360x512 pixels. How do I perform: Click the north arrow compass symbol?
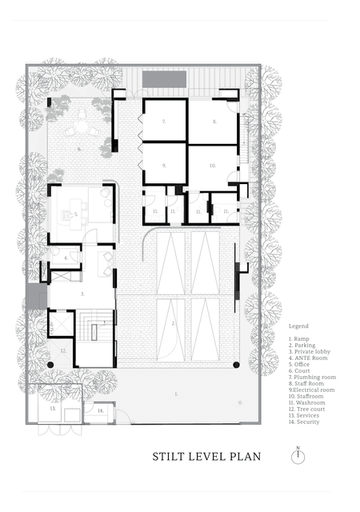(298, 455)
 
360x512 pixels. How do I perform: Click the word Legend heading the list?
(298, 327)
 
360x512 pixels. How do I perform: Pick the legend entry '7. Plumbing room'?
(312, 376)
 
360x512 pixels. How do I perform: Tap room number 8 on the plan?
(214, 121)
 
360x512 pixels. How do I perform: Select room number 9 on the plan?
(163, 165)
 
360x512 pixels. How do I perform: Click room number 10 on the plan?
(213, 165)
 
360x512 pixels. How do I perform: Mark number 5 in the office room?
(75, 214)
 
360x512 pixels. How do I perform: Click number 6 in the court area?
(79, 149)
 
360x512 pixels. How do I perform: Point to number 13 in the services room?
(52, 408)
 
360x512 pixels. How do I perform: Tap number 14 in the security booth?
(100, 410)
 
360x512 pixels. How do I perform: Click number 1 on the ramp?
(175, 394)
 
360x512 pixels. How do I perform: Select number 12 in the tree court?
(62, 350)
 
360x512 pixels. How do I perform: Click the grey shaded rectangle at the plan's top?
(166, 80)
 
